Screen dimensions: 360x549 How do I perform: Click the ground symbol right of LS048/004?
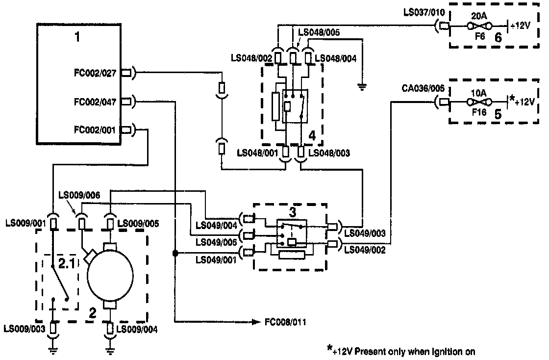tap(363, 87)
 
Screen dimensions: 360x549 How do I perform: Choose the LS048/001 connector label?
tap(257, 153)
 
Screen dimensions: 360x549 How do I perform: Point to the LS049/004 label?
tap(217, 226)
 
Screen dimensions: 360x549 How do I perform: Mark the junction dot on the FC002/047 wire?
tap(174, 253)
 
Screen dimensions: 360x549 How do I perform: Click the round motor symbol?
tap(109, 275)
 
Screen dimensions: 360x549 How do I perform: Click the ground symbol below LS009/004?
tap(110, 349)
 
